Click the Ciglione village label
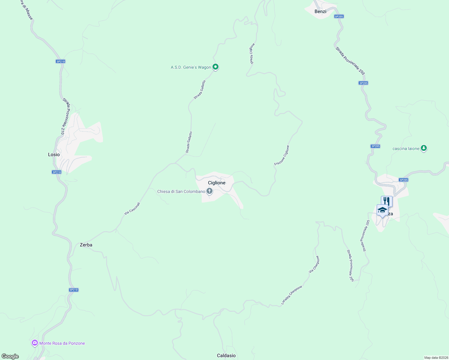216,183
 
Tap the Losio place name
54,154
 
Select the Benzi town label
320,11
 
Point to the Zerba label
86,245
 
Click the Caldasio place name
226,355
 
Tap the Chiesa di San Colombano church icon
209,191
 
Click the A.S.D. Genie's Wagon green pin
215,67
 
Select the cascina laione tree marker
423,148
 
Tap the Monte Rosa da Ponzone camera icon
35,343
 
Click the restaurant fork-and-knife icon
387,201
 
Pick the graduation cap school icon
382,210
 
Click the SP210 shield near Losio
57,172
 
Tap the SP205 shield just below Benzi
339,16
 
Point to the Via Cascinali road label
132,208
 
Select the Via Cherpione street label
314,264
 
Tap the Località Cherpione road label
291,295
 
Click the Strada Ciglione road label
252,53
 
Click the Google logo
10,356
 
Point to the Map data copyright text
436,358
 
